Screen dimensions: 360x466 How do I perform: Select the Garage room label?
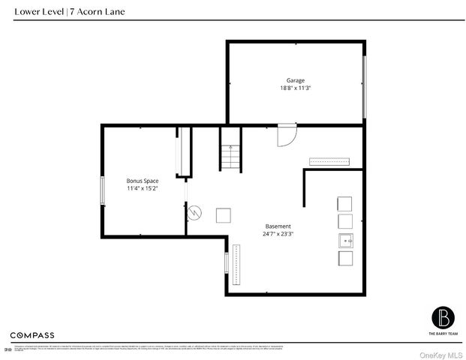coord(295,80)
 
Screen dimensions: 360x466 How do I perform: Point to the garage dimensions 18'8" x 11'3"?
coord(295,88)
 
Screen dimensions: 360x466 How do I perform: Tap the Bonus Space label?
coord(142,181)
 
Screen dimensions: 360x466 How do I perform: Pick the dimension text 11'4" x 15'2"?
coord(142,189)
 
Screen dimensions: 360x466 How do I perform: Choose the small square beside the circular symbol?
coord(224,215)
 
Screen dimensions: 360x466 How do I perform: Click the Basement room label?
coord(278,226)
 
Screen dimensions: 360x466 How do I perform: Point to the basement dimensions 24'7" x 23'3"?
coord(278,234)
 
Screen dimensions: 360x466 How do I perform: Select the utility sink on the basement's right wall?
coord(344,240)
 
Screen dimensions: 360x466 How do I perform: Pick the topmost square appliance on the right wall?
coord(345,203)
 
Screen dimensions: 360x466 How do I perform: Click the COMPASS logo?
coord(32,334)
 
